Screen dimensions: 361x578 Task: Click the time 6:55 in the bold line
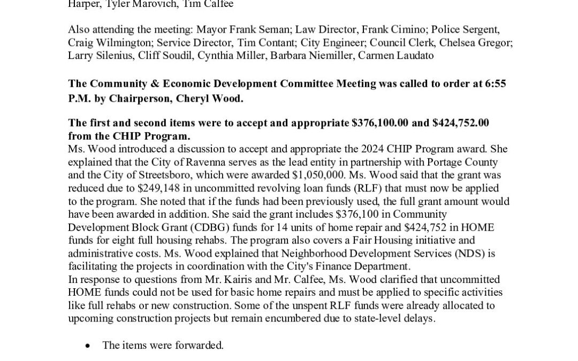click(x=496, y=84)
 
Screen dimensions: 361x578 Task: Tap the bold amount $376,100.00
click(x=381, y=122)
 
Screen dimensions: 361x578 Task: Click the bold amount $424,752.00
click(x=460, y=122)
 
